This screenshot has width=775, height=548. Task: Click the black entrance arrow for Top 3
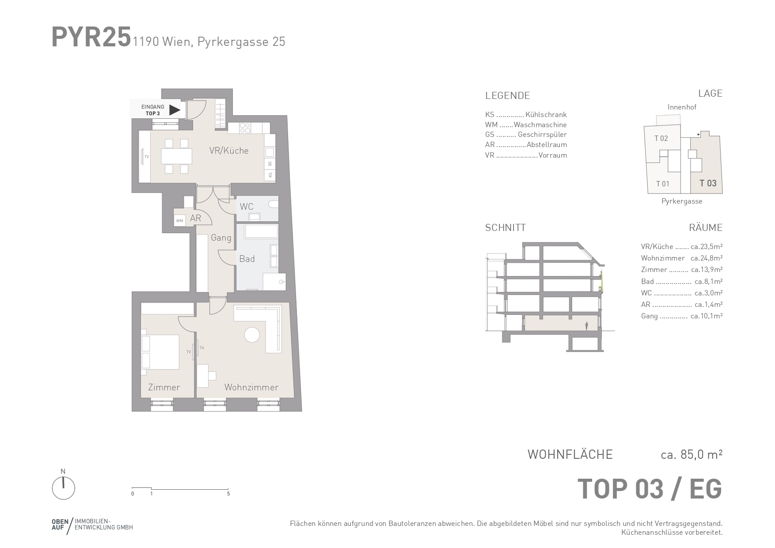click(175, 110)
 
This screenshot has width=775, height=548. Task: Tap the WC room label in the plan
click(247, 207)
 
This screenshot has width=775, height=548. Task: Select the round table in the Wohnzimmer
click(252, 334)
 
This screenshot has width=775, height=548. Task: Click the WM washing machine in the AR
click(179, 220)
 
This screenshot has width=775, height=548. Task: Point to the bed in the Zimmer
click(160, 352)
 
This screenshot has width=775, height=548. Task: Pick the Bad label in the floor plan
click(247, 259)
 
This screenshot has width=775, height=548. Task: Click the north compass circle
click(64, 488)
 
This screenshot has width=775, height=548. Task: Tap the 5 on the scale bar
click(228, 494)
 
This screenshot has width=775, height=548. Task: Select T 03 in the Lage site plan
click(708, 183)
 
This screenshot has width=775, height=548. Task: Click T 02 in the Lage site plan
click(661, 138)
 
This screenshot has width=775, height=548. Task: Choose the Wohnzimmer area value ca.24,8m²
click(707, 258)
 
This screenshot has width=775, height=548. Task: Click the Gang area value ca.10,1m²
click(707, 316)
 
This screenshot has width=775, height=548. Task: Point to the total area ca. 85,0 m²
click(691, 454)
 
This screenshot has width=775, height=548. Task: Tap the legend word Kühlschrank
click(546, 114)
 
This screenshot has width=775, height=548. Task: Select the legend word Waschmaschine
click(540, 125)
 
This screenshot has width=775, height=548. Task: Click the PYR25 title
click(91, 37)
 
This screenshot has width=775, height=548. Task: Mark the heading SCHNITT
click(505, 228)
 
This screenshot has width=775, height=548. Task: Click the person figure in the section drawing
click(586, 326)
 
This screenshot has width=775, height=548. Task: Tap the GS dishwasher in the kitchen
click(270, 164)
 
